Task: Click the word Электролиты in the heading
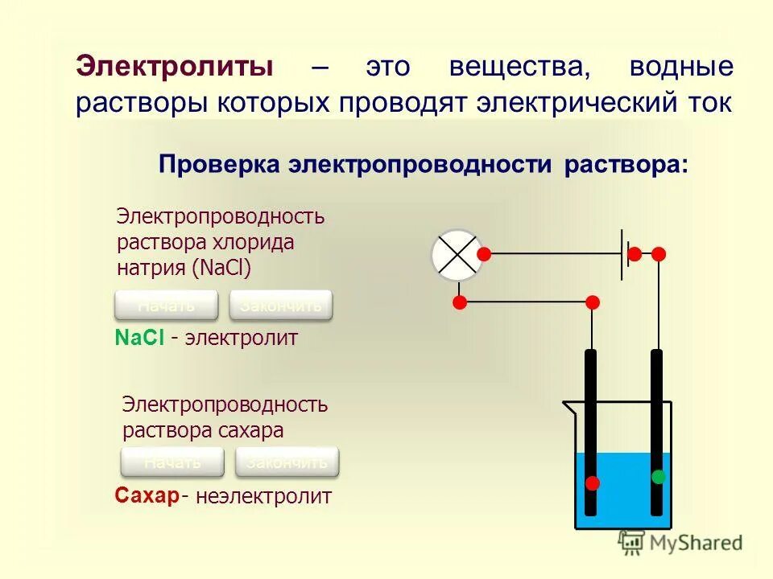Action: (x=174, y=68)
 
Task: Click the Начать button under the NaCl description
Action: (x=167, y=306)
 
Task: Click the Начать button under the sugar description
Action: (x=172, y=462)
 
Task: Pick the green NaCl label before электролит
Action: (x=140, y=339)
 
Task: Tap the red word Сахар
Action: (x=146, y=496)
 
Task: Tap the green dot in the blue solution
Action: (x=659, y=477)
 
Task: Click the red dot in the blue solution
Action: (x=593, y=483)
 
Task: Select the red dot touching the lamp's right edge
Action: (x=484, y=254)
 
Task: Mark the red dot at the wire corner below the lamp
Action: (x=460, y=302)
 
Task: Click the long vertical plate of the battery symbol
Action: (x=622, y=254)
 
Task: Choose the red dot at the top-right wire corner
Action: (x=659, y=254)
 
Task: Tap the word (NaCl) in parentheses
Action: (x=222, y=268)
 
